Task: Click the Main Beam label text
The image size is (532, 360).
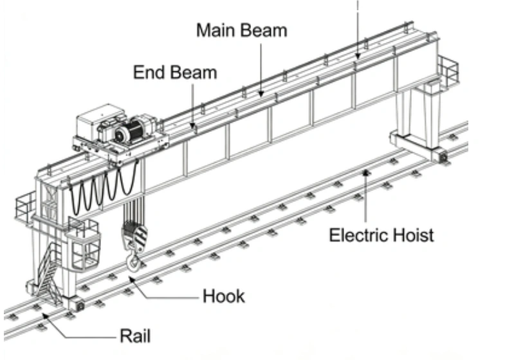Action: click(242, 31)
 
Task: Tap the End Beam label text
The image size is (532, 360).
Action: click(175, 72)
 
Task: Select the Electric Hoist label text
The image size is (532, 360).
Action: click(381, 235)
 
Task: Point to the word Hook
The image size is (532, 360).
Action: click(224, 297)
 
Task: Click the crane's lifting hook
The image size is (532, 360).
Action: click(133, 260)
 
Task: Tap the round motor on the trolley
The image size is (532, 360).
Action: click(129, 132)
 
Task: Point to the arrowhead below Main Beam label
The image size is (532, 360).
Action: click(261, 94)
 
